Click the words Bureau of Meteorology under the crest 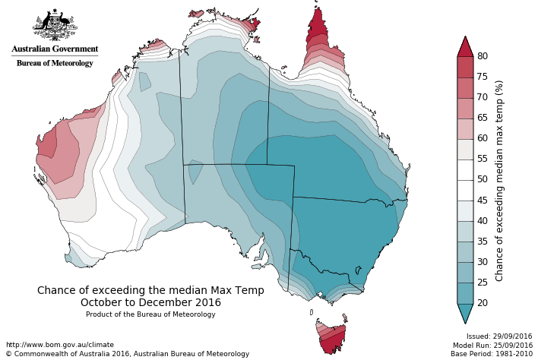[55, 63]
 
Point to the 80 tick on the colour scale [483, 56]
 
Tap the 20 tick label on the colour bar [483, 303]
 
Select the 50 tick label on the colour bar [483, 179]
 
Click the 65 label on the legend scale [483, 118]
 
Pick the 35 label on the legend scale [483, 242]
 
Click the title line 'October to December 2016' [150, 302]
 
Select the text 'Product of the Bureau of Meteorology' [150, 314]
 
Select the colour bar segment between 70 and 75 [465, 87]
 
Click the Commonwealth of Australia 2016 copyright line [127, 354]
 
